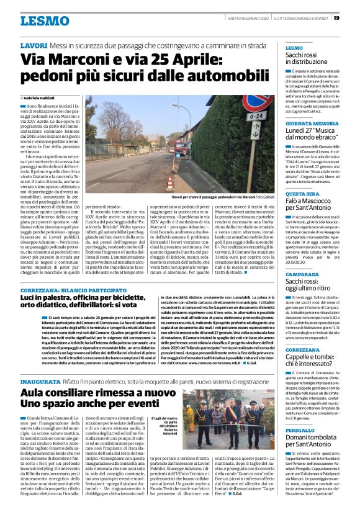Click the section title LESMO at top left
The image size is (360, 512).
pyautogui.click(x=44, y=21)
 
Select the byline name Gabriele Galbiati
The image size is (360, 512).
pyautogui.click(x=42, y=98)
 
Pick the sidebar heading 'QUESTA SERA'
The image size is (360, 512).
pyautogui.click(x=302, y=193)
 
